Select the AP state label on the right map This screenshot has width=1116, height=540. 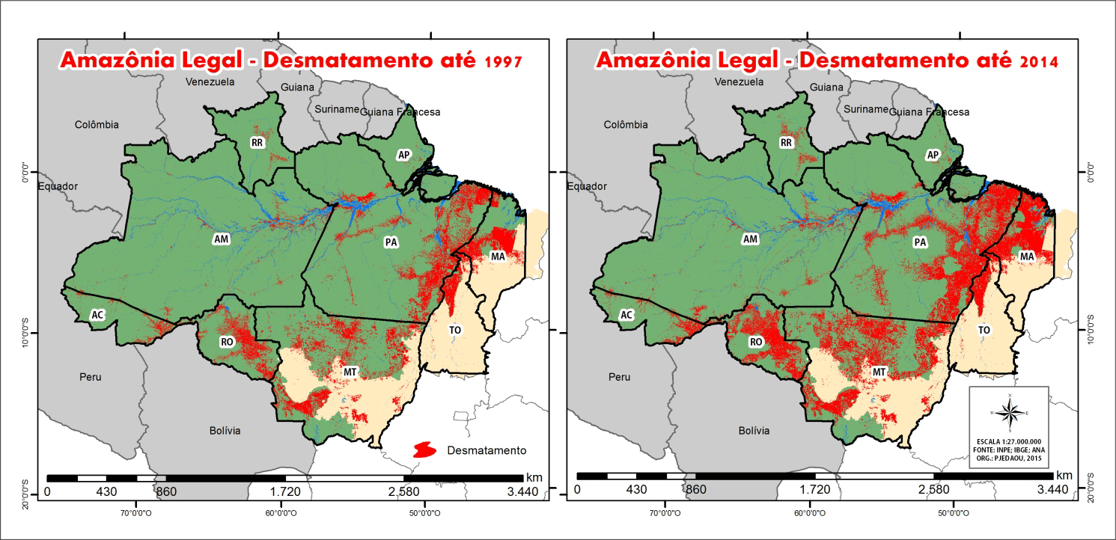(933, 155)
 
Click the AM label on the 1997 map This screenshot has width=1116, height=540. (221, 239)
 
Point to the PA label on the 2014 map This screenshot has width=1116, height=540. (920, 242)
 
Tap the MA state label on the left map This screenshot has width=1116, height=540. (498, 257)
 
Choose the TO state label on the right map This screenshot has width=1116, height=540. (984, 330)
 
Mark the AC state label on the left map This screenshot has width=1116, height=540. (97, 315)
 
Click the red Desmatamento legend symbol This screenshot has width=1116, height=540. (424, 450)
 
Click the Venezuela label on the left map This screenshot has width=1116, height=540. (210, 82)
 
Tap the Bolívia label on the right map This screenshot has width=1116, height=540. (754, 431)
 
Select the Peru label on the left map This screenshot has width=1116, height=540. (90, 377)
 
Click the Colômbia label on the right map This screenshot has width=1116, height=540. (626, 125)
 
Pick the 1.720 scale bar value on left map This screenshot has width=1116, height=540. (285, 491)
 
